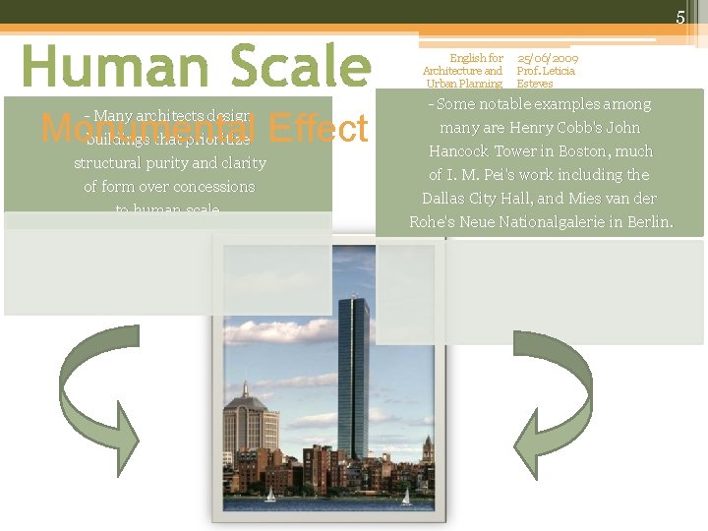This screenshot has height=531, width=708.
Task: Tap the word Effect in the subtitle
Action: (x=316, y=129)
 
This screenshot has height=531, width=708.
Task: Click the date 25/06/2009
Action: (x=548, y=59)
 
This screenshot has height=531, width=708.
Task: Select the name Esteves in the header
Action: (x=535, y=84)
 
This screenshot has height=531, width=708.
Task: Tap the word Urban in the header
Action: (x=442, y=84)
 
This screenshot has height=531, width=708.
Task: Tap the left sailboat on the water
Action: (x=270, y=495)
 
